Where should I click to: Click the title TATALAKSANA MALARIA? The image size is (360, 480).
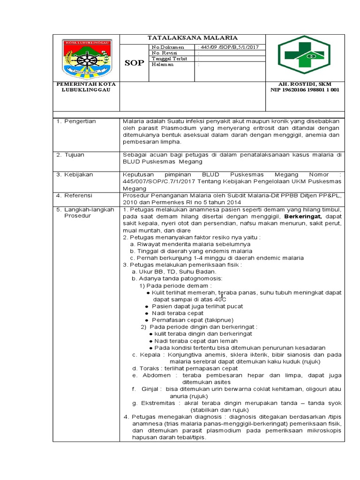(193, 37)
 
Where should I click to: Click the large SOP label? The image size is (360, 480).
(134, 63)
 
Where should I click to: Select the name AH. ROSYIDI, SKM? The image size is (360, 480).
(305, 84)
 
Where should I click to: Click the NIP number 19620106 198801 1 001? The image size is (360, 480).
(305, 90)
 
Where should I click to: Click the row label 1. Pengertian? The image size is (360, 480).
(76, 121)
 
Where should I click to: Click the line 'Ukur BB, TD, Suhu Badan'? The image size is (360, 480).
(174, 271)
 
